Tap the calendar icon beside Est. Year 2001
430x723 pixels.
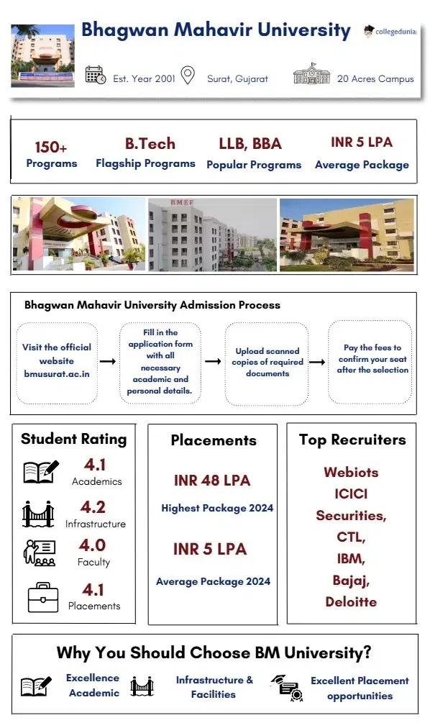coord(95,74)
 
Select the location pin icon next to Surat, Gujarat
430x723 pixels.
coord(188,75)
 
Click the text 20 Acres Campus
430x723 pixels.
coord(375,78)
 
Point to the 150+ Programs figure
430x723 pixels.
coord(51,147)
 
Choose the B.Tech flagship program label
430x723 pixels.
coord(150,143)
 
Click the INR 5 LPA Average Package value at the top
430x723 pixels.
coord(362,142)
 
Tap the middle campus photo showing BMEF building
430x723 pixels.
coord(212,235)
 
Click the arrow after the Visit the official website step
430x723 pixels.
coord(107,361)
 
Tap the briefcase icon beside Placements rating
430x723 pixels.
coord(42,596)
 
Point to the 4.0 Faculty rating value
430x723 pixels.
coord(93,545)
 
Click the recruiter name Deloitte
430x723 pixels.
coord(351,601)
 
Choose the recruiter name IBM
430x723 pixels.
coord(351,558)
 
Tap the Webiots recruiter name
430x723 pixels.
coord(351,473)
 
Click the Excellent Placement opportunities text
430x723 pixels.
coord(360,688)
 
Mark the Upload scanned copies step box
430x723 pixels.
coord(267,363)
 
